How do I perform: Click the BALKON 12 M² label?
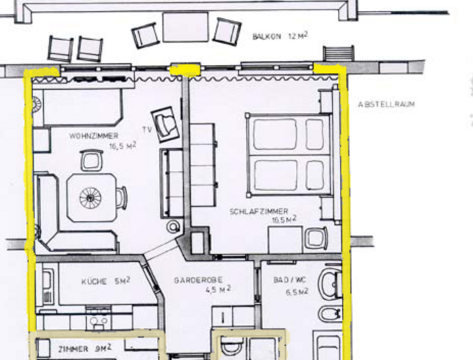[280, 36]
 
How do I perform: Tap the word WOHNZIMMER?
[94, 136]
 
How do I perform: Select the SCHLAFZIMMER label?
[259, 211]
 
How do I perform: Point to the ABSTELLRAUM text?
[387, 104]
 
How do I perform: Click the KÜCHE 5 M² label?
[105, 281]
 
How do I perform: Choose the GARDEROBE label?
[198, 280]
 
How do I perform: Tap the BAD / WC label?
[290, 280]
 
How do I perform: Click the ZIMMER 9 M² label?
[84, 349]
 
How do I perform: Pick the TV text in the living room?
[147, 130]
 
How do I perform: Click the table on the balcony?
[186, 27]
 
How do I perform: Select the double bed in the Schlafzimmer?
[289, 155]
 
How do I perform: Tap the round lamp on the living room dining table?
[90, 198]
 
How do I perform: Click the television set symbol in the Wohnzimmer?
[166, 124]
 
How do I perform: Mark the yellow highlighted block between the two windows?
[185, 70]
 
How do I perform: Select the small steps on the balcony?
[339, 53]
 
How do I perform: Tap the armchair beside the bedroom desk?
[316, 238]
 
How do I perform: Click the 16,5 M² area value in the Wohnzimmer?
[122, 147]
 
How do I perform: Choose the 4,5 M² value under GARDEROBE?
[218, 290]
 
